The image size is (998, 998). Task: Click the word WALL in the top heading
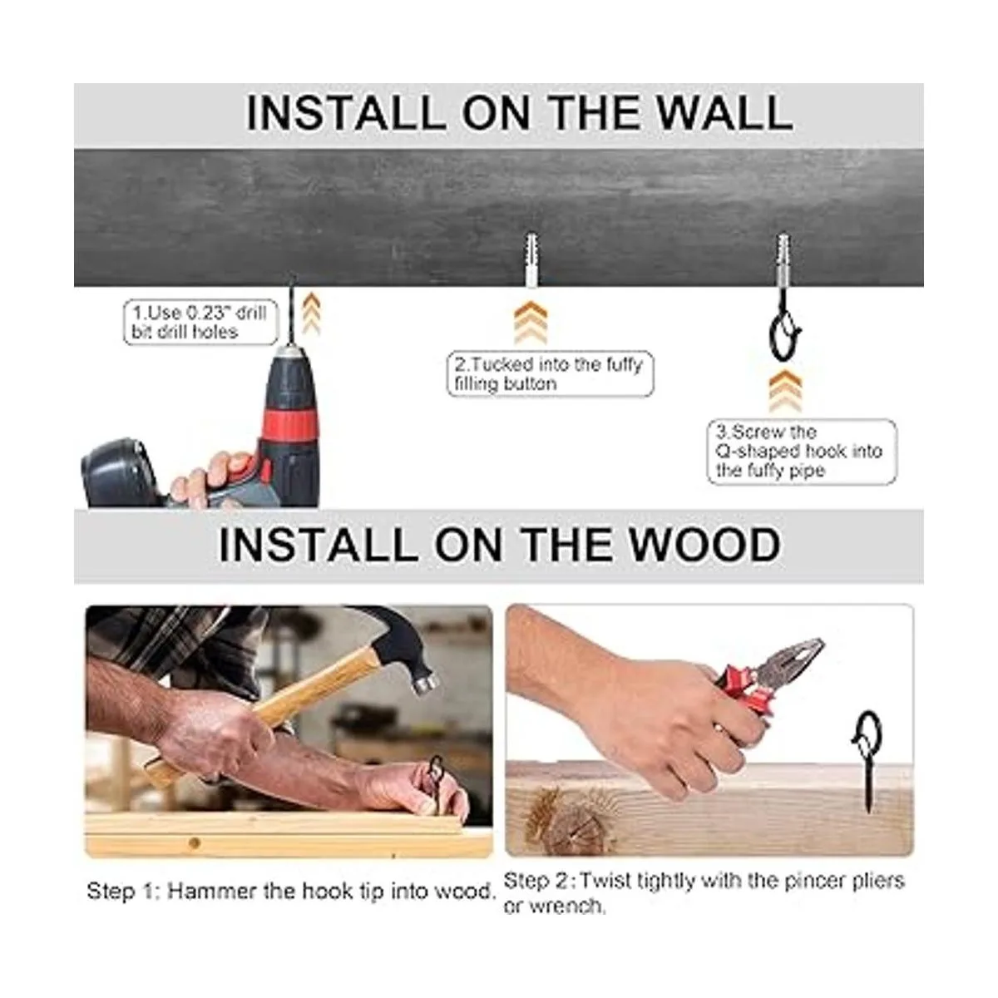(x=724, y=112)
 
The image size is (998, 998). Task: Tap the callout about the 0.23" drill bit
(x=200, y=322)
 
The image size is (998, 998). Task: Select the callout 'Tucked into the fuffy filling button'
(x=550, y=374)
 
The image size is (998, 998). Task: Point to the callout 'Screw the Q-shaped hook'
(x=801, y=452)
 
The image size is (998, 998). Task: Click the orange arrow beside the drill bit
(x=311, y=313)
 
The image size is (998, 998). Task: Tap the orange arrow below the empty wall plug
(x=531, y=322)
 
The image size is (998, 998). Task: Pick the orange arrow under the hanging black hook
(x=785, y=391)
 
